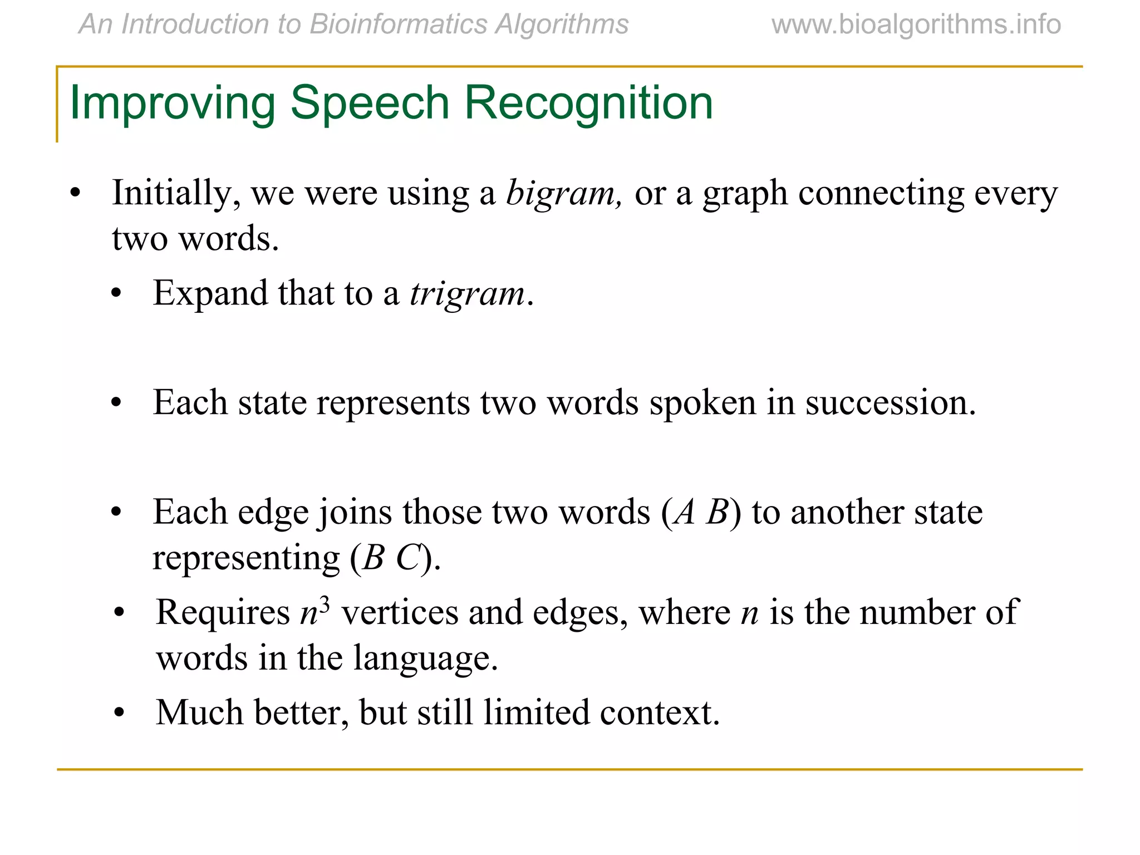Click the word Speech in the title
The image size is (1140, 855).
pos(370,104)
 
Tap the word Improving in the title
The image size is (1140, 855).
pos(172,104)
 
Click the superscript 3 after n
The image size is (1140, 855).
pos(325,604)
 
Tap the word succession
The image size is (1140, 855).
pos(891,402)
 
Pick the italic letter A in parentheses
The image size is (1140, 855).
pos(684,512)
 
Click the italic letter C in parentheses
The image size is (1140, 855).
pos(407,558)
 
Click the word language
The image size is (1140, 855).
pos(425,659)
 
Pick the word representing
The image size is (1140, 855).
pos(245,558)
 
